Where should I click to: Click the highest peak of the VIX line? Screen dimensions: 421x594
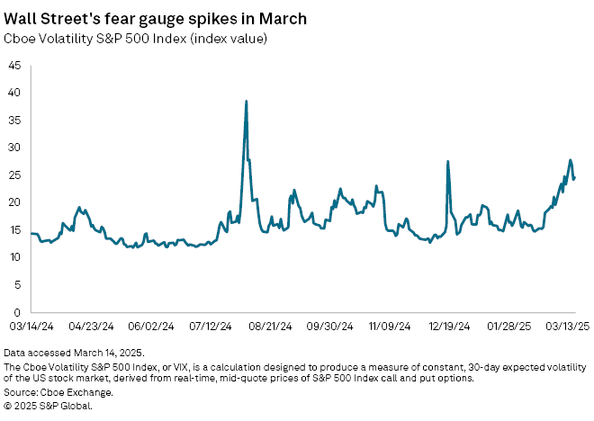(x=247, y=102)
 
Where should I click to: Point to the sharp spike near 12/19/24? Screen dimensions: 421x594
(x=447, y=162)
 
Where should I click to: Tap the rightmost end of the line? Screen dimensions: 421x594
(x=574, y=176)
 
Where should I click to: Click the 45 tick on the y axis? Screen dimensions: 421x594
(x=15, y=65)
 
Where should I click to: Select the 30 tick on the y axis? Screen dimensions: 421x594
(x=15, y=147)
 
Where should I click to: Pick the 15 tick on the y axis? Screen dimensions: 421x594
(x=15, y=229)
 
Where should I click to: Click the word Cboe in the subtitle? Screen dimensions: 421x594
(x=22, y=39)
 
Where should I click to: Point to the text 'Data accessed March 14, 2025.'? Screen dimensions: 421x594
(x=74, y=352)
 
